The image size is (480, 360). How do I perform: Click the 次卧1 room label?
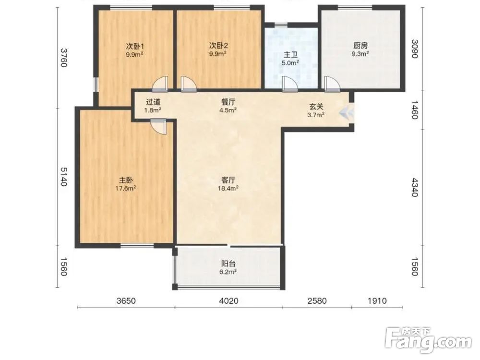(135, 46)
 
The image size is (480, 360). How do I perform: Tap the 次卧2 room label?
(218, 46)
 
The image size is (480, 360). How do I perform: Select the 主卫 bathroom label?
(290, 55)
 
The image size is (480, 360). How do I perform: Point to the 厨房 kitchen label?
(360, 46)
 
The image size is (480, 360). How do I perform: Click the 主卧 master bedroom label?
(125, 180)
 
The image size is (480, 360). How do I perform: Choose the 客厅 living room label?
(228, 180)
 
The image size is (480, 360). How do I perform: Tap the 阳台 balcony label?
(228, 264)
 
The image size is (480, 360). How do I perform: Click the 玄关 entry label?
(316, 107)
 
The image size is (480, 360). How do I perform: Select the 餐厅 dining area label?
(228, 102)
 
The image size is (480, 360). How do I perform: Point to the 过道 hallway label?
(153, 102)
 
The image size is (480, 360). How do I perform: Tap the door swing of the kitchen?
(332, 84)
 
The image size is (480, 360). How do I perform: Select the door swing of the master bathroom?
(289, 84)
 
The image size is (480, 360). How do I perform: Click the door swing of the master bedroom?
(158, 126)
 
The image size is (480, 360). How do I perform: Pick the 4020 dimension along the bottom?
(228, 301)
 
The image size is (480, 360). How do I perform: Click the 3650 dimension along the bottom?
(126, 301)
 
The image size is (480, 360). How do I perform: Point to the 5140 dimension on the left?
(63, 177)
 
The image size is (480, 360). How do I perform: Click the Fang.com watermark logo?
(428, 340)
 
